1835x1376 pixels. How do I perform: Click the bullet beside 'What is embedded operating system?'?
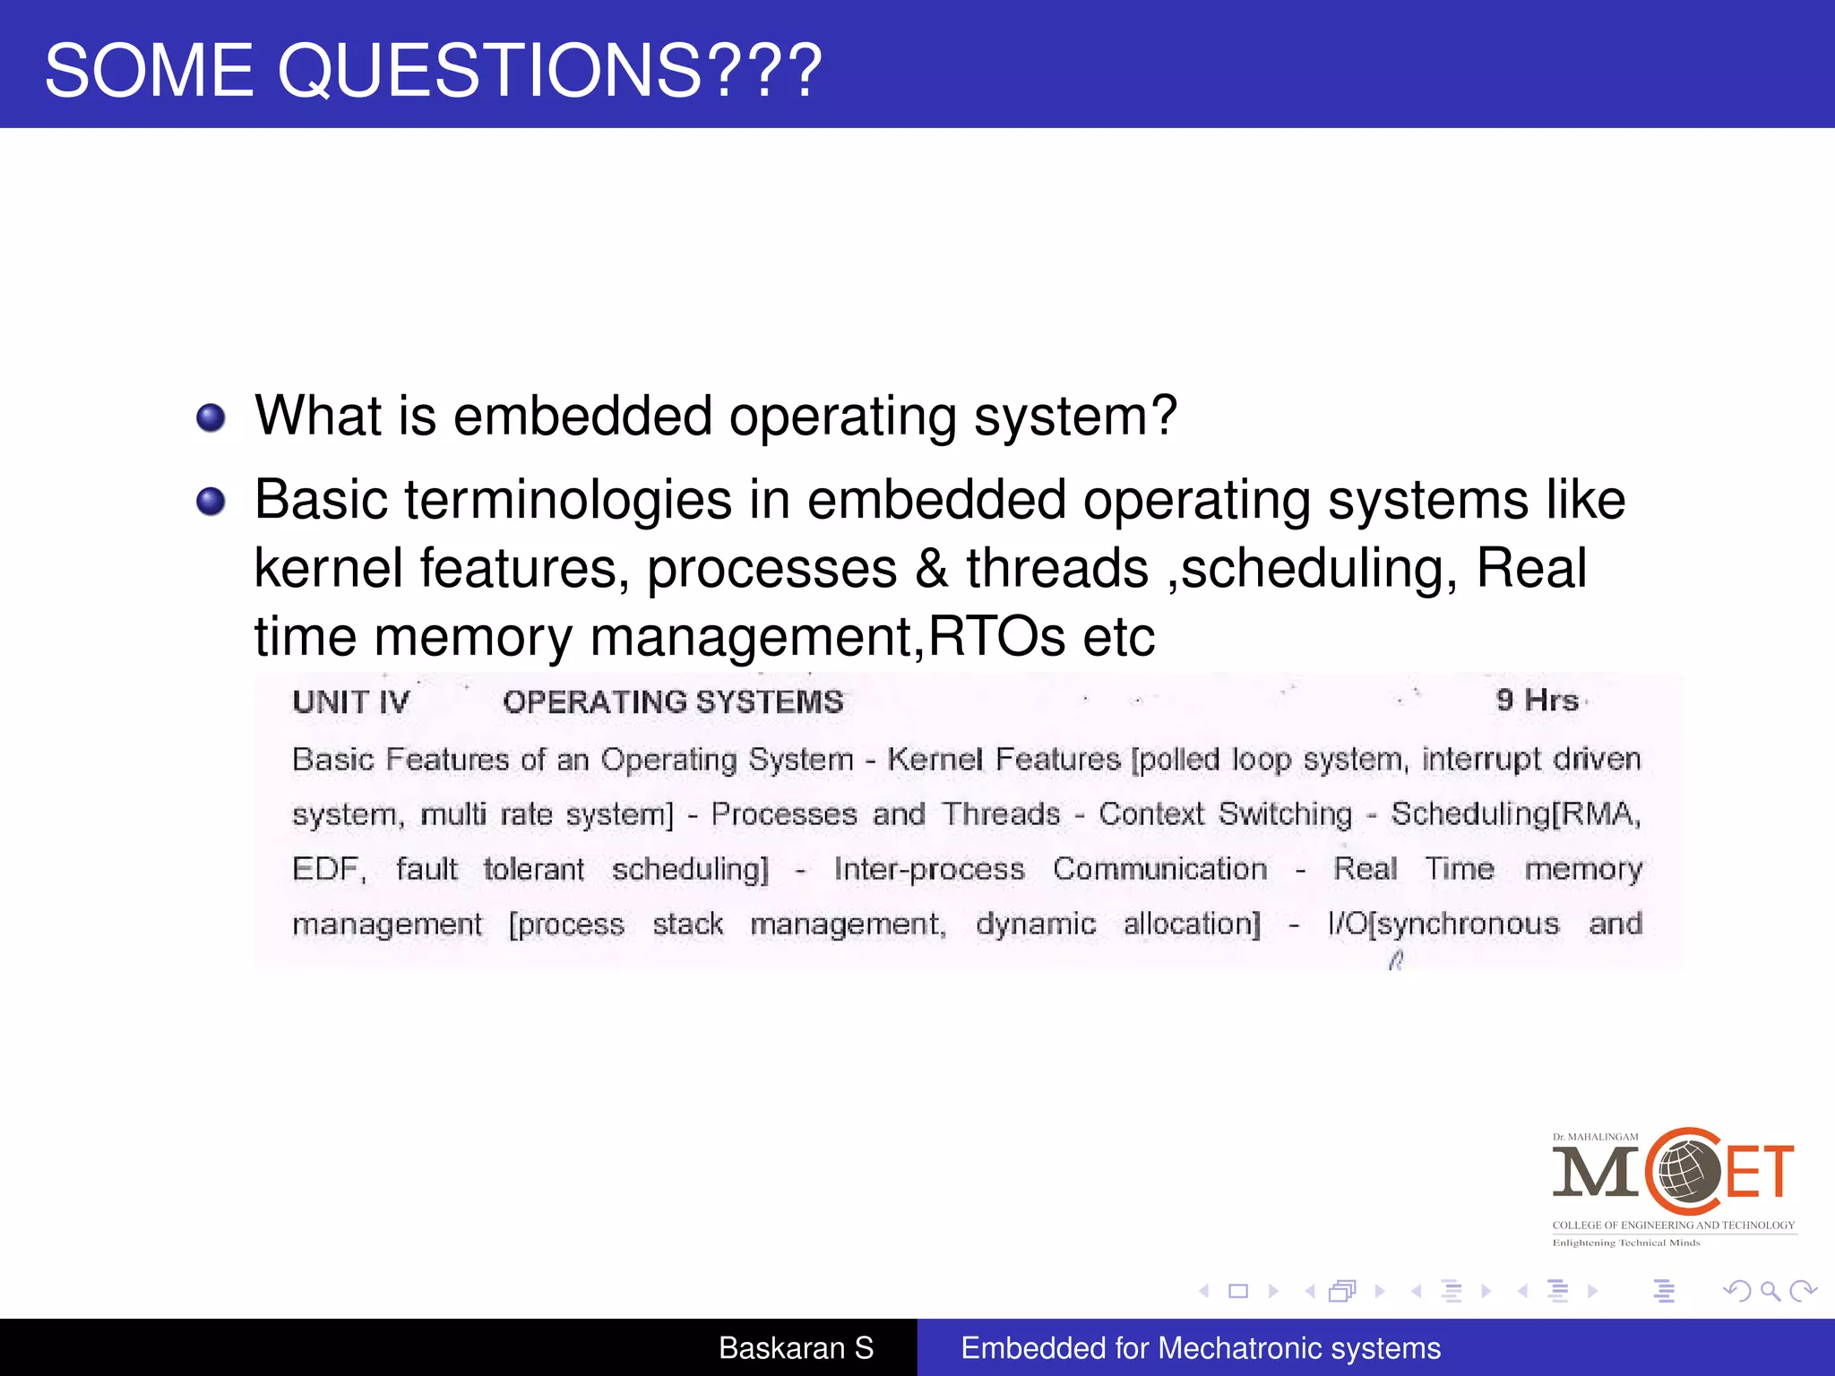[211, 417]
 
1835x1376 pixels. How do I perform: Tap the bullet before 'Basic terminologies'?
[211, 501]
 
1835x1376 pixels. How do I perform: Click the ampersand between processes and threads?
[932, 568]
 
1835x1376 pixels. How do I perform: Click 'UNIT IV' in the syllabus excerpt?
[350, 701]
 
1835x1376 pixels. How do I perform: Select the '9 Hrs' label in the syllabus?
[1537, 700]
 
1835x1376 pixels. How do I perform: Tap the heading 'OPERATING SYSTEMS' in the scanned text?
[673, 701]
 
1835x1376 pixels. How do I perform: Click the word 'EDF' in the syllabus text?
[326, 869]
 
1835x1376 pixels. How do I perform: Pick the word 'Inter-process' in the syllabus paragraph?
[929, 869]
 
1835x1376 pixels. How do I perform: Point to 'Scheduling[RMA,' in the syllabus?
[1515, 813]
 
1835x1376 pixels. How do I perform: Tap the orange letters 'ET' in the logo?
[1760, 1172]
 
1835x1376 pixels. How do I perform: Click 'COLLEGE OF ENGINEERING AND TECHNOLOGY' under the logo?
[1673, 1225]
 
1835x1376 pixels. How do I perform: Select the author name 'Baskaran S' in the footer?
[796, 1347]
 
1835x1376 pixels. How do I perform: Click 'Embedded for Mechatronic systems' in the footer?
[1200, 1347]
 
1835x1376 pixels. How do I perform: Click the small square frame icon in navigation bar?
[1238, 1291]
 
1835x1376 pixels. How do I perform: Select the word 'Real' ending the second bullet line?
[1531, 568]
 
